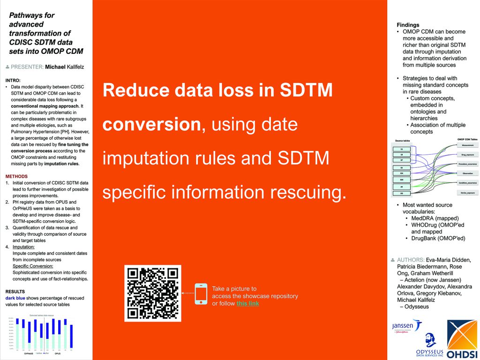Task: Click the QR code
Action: tap(152, 293)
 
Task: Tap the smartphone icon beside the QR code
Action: tap(201, 293)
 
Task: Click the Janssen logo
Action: tap(406, 327)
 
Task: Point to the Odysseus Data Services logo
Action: tap(430, 345)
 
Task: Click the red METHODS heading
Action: tap(16, 177)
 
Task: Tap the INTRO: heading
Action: tap(13, 80)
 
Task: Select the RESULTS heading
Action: tap(15, 292)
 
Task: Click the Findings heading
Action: tap(408, 25)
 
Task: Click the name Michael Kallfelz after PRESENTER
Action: tap(65, 67)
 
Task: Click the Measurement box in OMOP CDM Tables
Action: tap(467, 146)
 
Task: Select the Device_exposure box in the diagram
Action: tap(467, 193)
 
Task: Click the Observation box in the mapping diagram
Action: tap(467, 173)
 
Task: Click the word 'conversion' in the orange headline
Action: tap(152, 124)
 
